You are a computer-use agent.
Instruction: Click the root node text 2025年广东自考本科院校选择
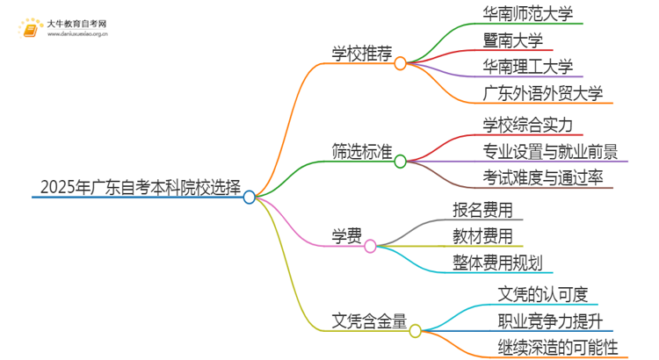141,187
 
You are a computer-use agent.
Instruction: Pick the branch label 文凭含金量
369,320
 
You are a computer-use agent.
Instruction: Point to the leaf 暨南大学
513,40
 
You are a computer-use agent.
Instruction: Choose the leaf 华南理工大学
528,67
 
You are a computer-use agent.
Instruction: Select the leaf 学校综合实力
528,124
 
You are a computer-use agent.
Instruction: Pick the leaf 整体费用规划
495,262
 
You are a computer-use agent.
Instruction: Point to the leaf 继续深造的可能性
547,347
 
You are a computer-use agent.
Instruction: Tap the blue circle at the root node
250,198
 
